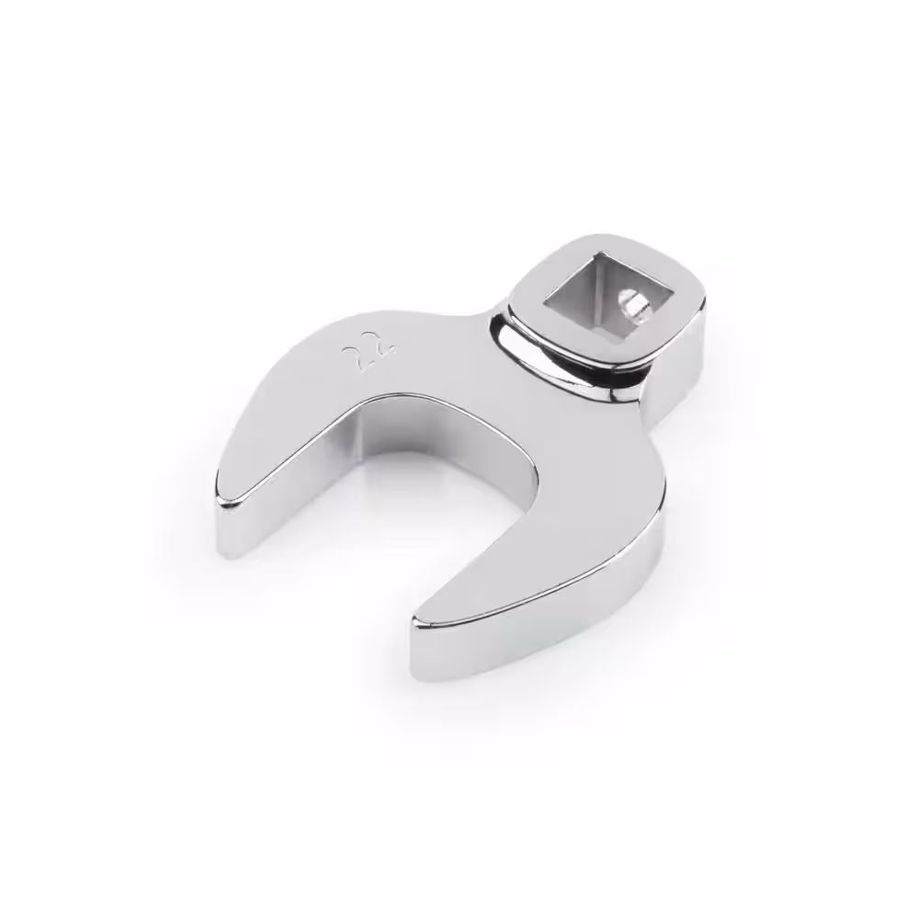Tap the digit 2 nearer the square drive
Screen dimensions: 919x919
(382, 350)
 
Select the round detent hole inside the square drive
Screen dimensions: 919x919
(632, 305)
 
